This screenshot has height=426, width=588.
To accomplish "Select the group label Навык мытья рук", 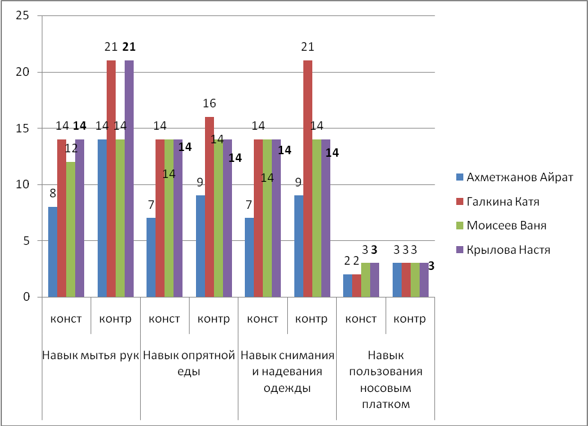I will coord(91,355).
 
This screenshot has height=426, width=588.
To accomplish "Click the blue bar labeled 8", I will coord(53,252).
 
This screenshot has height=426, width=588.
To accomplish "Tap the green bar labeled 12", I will coord(71,229).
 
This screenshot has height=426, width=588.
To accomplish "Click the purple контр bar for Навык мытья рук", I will coord(129,179).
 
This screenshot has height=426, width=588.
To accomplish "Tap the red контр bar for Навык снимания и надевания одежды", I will coord(308,179).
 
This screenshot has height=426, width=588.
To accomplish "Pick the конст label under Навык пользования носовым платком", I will coord(361,319).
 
